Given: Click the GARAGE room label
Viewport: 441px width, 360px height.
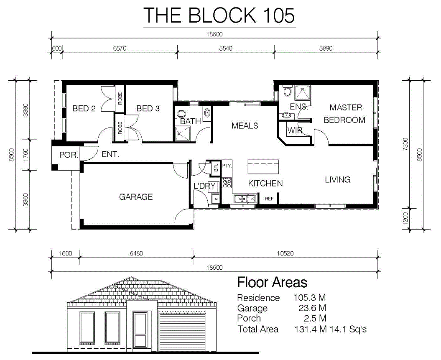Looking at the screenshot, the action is click(x=136, y=197).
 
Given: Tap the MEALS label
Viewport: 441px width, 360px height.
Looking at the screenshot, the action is click(x=245, y=125).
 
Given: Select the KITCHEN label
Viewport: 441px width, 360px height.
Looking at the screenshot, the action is click(x=265, y=184).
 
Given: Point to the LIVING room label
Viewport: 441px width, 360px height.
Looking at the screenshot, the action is click(x=337, y=179).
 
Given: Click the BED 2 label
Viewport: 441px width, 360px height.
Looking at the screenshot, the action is click(x=84, y=108).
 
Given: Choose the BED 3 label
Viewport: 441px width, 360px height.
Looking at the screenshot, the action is click(x=148, y=108).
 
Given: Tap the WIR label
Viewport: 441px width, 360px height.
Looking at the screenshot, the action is click(x=295, y=130).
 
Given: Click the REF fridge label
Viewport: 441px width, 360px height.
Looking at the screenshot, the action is click(x=269, y=199).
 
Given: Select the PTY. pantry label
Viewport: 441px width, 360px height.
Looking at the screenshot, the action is click(x=227, y=166).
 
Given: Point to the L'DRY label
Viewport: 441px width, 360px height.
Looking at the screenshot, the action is click(x=204, y=186).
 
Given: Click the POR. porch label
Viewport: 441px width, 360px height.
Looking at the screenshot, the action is click(x=69, y=155).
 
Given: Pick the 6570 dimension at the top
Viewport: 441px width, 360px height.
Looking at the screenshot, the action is click(x=120, y=49).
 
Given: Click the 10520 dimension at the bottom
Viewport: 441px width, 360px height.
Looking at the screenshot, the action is click(x=285, y=253).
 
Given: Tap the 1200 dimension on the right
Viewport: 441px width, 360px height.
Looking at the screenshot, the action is click(x=405, y=219).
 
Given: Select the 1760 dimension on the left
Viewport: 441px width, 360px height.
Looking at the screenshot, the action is click(x=25, y=155).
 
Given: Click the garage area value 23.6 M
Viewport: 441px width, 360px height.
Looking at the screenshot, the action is click(x=312, y=308).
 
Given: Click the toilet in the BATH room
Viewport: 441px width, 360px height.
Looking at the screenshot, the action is click(x=181, y=114).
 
